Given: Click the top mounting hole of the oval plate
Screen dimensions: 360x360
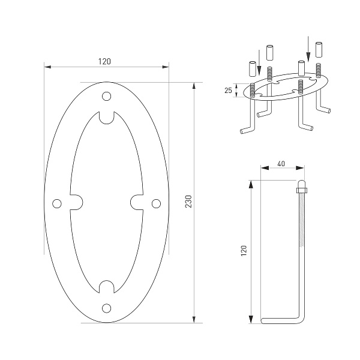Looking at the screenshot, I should tap(107, 97).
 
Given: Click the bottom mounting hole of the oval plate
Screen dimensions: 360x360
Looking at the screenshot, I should tap(107, 308).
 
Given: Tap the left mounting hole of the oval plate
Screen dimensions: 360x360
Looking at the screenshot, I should tap(57, 203).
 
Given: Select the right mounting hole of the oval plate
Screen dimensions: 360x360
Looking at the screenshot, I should tap(156, 203).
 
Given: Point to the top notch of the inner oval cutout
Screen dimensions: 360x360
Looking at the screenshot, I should tap(107, 118).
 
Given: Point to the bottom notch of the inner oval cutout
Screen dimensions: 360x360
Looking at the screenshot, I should tap(107, 287).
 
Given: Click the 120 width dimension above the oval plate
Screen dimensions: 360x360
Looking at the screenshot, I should tap(106, 62).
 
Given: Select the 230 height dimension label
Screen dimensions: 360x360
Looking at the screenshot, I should tap(188, 202).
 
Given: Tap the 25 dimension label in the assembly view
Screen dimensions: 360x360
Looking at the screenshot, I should tap(228, 90).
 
